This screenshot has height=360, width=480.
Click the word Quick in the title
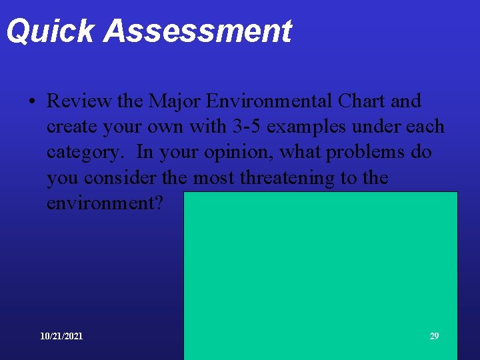coord(51,31)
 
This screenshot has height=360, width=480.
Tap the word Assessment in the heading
coord(198,31)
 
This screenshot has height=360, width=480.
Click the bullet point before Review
coord(31,102)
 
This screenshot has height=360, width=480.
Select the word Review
coord(79,101)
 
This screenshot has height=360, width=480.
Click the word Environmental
coord(269,101)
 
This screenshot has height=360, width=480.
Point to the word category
coord(85,153)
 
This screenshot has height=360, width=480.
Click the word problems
coord(354,152)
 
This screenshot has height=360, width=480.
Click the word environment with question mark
coord(105,203)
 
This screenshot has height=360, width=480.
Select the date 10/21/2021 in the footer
coord(61,336)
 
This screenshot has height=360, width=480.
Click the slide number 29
coord(434,336)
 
